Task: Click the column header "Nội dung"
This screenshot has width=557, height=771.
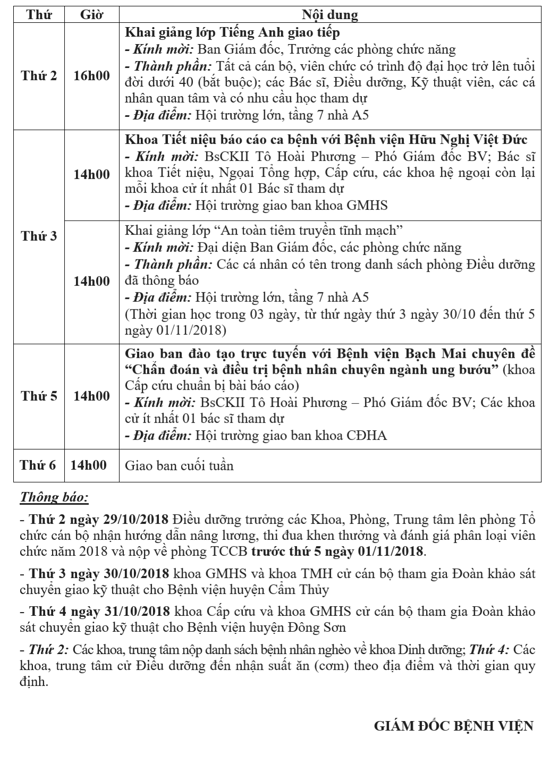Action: tap(330, 14)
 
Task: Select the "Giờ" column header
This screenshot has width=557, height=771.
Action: tap(91, 14)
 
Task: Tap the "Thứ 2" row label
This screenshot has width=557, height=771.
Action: tap(39, 75)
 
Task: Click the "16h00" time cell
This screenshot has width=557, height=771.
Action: tap(91, 75)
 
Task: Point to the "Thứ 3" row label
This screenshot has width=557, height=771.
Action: tap(39, 236)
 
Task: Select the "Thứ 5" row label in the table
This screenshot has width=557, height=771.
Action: tap(39, 396)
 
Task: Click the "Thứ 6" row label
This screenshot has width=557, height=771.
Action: tap(38, 465)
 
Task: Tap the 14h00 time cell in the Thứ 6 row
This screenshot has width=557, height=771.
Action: tap(88, 465)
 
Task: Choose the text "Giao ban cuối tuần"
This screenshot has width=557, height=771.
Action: tap(179, 466)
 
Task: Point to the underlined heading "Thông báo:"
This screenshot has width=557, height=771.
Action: tap(54, 497)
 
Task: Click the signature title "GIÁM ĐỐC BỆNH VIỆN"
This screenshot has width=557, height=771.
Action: tap(453, 726)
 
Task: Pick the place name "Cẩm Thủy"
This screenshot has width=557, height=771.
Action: tap(300, 590)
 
